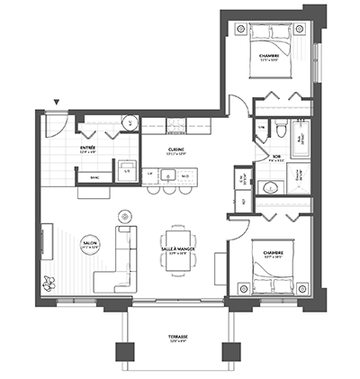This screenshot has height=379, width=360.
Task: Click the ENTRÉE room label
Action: tap(88, 148)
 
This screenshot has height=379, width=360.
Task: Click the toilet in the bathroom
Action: tap(281, 132)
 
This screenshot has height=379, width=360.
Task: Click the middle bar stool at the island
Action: tap(161, 190)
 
